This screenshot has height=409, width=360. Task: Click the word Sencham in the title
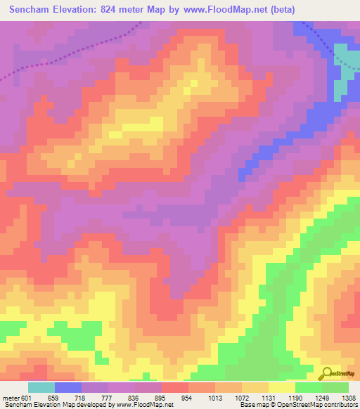(30, 9)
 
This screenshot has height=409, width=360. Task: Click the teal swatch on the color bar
(41, 387)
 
